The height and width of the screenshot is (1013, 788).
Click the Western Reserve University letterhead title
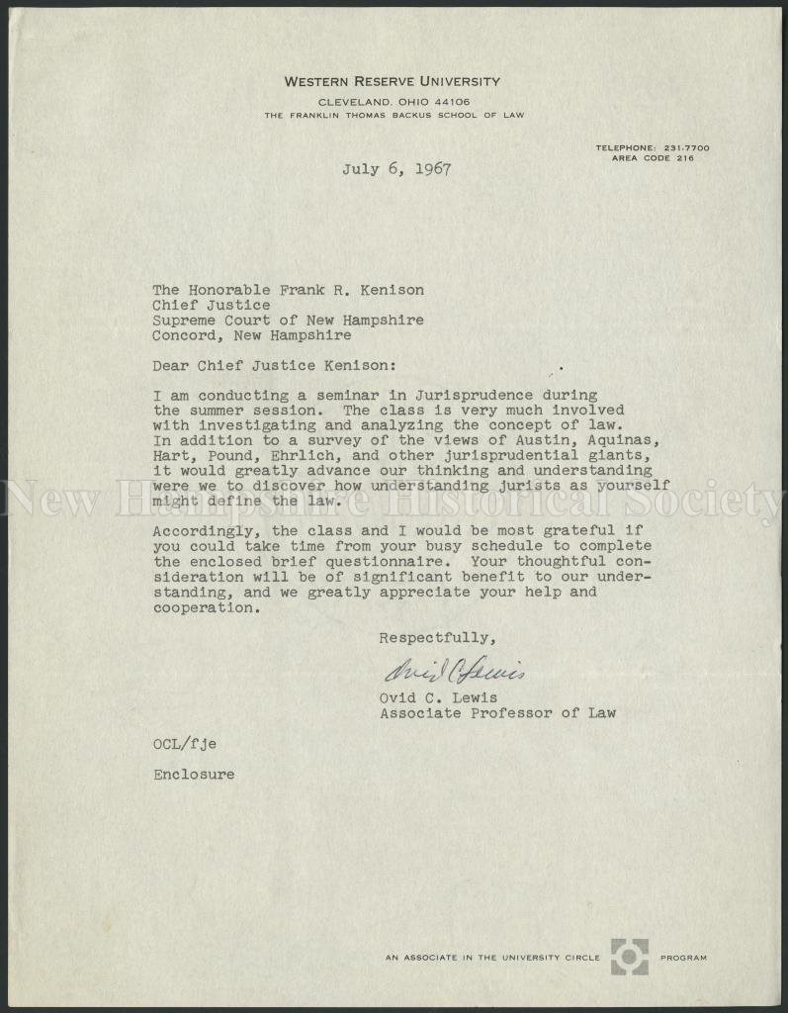392,82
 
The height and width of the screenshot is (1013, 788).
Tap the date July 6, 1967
396,169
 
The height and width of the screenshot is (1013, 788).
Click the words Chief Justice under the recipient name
211,305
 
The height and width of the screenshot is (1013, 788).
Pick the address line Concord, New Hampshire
252,335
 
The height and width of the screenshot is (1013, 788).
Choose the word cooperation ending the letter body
204,608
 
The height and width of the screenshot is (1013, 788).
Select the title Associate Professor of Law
497,712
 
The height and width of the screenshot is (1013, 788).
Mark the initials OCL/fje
185,743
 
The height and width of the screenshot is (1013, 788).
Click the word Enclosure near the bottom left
194,775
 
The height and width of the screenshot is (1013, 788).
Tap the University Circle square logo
629,957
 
